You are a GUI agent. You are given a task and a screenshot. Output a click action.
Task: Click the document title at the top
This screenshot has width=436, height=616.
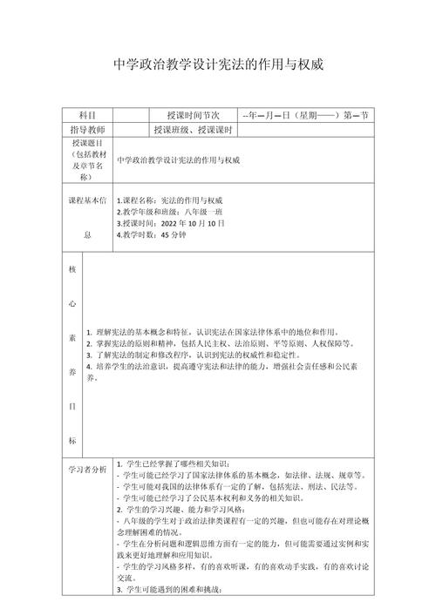pos(218,64)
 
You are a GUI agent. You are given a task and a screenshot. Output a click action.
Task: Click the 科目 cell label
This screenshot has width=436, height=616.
pos(87,115)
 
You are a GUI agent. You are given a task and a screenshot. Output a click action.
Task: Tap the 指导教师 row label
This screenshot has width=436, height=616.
pos(87,130)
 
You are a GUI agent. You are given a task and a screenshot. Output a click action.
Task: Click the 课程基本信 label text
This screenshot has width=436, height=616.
pos(87,200)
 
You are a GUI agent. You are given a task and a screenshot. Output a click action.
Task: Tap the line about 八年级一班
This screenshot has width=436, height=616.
pos(172,212)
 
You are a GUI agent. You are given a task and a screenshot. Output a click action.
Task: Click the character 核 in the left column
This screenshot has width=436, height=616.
pos(73,269)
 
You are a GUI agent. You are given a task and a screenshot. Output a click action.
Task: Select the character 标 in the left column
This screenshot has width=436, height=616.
pos(73,440)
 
